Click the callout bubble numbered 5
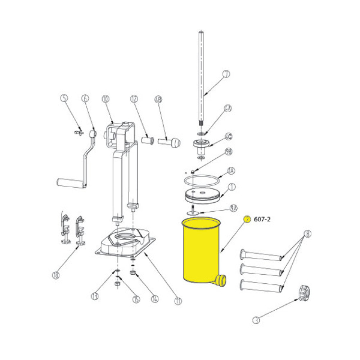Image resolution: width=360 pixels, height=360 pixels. tap(64, 98)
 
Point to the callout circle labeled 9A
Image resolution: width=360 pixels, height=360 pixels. tap(234, 208)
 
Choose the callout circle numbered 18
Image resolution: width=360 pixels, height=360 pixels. tap(55, 275)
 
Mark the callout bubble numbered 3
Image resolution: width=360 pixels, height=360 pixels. tap(256, 319)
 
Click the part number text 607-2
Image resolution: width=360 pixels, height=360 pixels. tap(262, 219)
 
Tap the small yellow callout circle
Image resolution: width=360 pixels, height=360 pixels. tap(247, 219)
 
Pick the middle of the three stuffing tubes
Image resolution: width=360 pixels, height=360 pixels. tap(261, 269)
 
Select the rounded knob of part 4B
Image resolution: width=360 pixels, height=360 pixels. tap(175, 143)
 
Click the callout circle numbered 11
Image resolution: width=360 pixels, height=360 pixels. tap(177, 301)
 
